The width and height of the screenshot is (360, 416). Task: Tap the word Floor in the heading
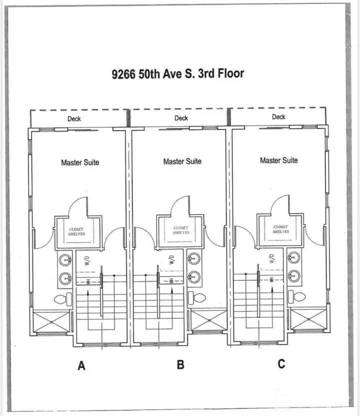click(x=228, y=73)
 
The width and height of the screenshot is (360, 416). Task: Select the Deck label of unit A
click(x=74, y=119)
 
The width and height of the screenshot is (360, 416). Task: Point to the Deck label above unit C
click(x=278, y=117)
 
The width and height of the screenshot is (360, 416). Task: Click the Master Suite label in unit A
click(x=80, y=162)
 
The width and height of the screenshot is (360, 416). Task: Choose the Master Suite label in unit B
click(x=182, y=161)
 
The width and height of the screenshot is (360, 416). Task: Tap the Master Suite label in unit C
click(x=278, y=160)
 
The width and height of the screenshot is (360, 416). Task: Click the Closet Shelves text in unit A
click(x=76, y=232)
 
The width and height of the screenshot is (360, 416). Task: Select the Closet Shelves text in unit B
click(x=180, y=230)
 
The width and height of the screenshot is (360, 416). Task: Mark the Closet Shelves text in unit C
click(x=280, y=229)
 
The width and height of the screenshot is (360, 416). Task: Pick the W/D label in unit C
click(x=271, y=259)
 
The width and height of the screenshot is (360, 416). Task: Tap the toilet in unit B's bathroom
click(x=198, y=298)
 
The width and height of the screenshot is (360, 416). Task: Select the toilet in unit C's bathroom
click(x=298, y=297)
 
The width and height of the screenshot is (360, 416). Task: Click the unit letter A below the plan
click(x=81, y=366)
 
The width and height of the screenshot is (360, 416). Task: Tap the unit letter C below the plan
click(x=281, y=364)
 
